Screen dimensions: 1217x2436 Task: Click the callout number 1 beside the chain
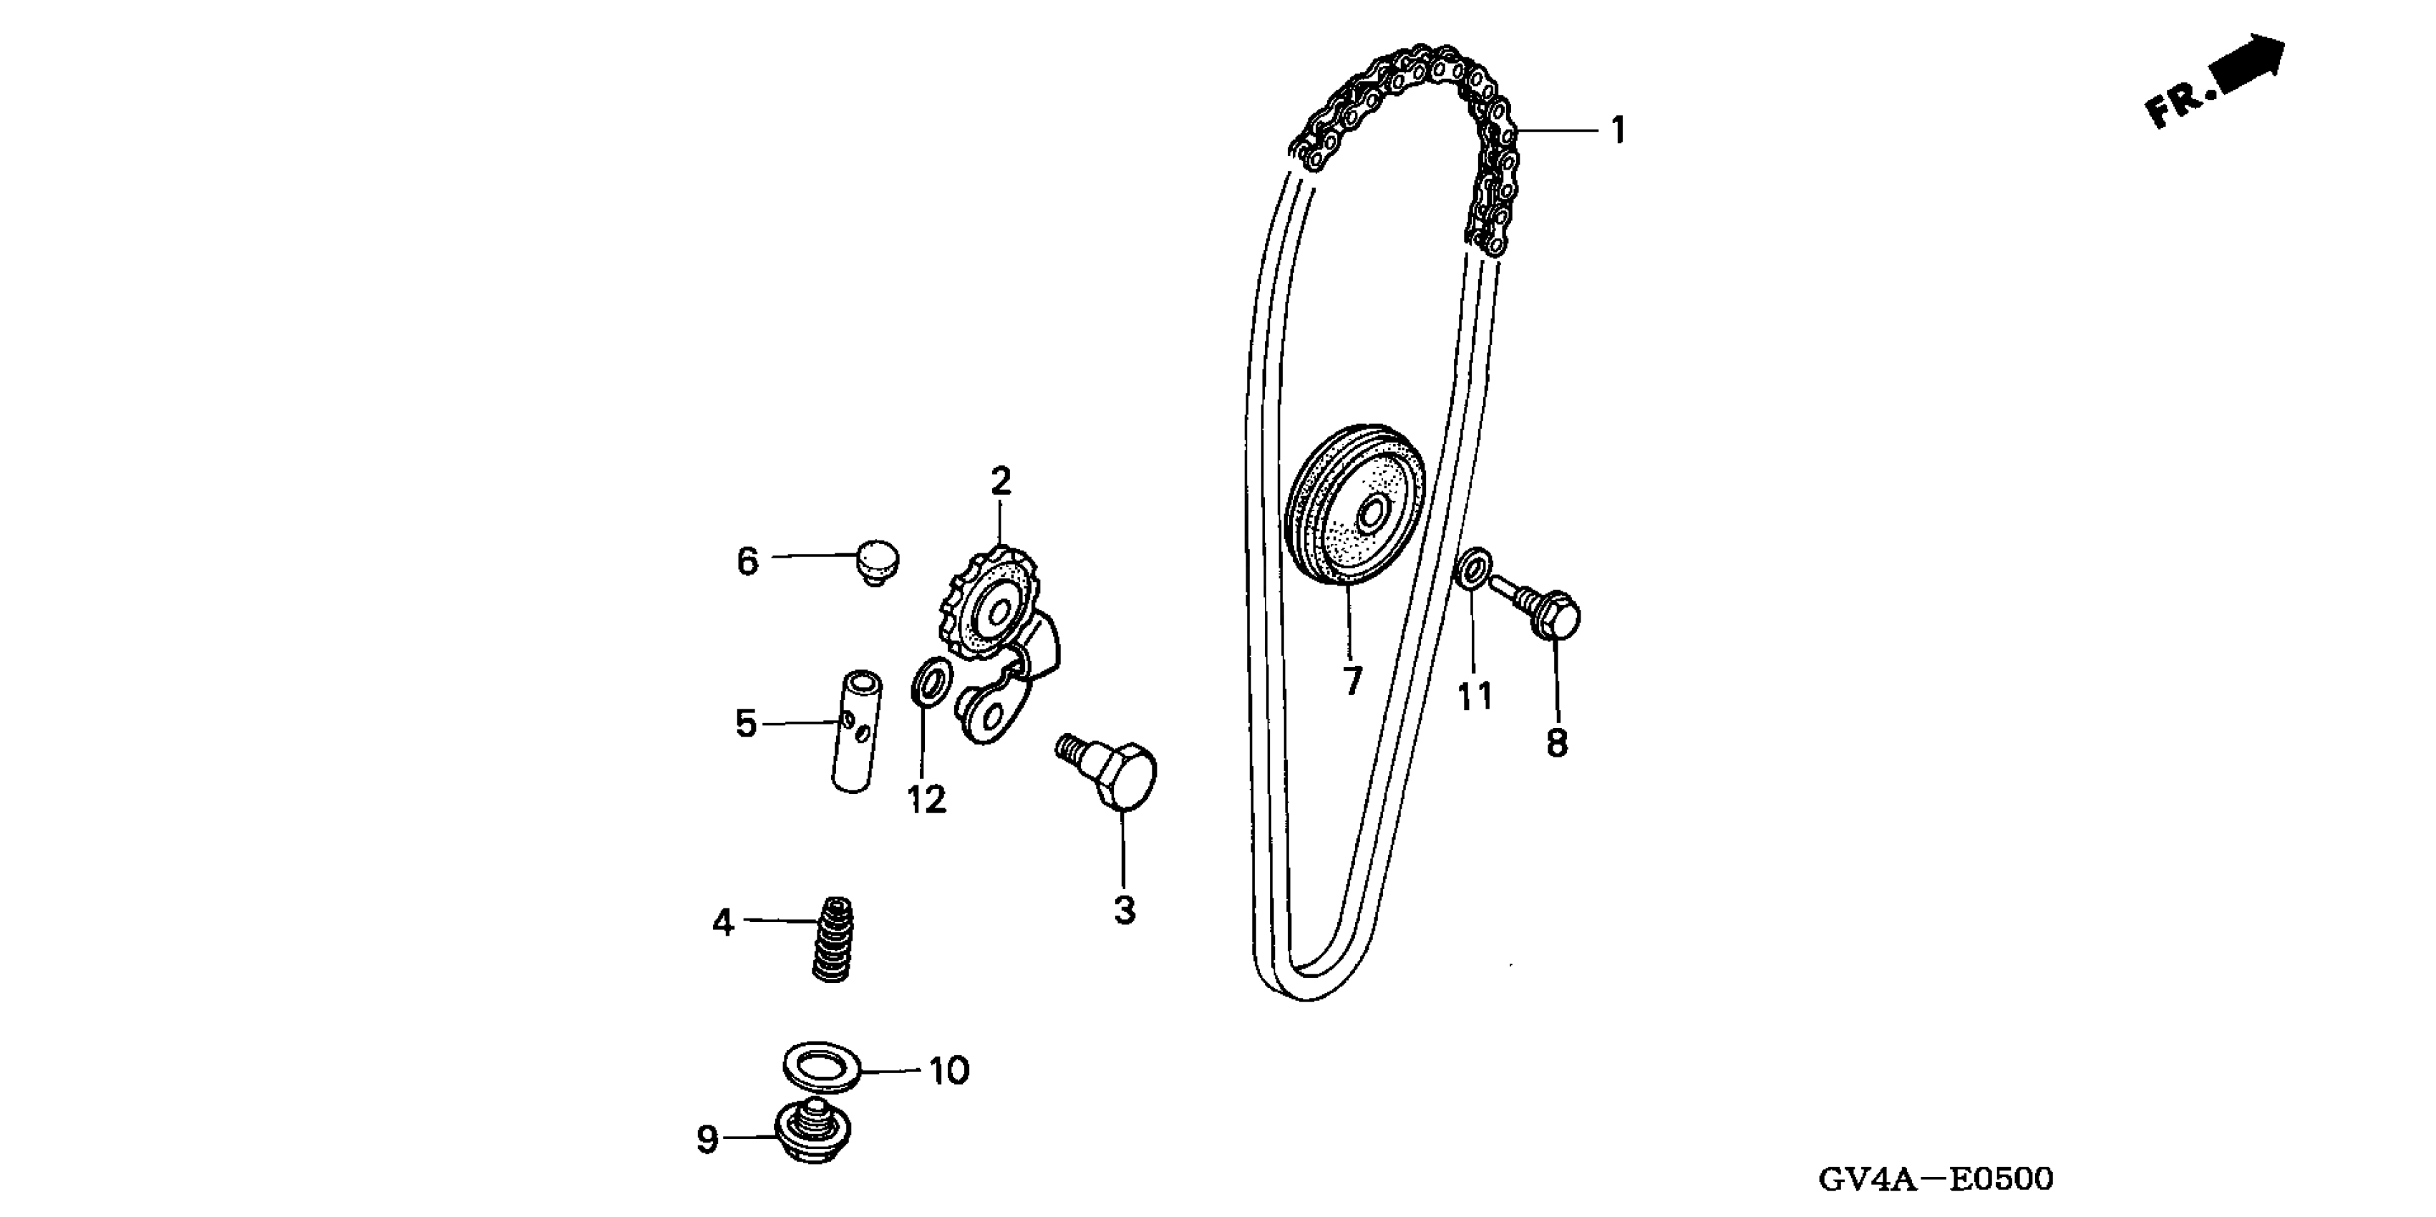tap(1618, 130)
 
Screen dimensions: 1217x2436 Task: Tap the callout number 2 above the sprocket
tap(1001, 483)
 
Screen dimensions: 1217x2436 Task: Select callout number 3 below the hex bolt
tap(1123, 911)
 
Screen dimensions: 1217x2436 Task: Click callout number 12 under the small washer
tap(927, 800)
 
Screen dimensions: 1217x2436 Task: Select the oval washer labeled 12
tap(928, 681)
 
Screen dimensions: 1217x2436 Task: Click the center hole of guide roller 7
tap(1372, 516)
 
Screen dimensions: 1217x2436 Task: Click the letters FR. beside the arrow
tap(2177, 104)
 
